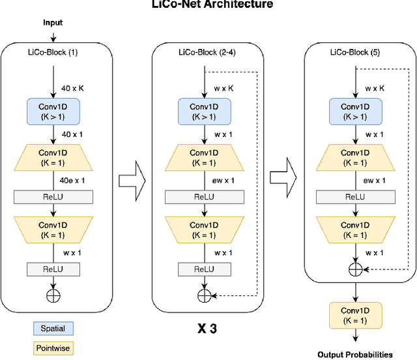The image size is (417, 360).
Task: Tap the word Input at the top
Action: coord(53,22)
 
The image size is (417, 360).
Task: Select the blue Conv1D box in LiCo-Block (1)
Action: coord(53,112)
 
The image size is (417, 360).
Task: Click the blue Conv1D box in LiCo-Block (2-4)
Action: coord(205,112)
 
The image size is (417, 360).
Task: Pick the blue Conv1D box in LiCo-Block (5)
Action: coord(355,112)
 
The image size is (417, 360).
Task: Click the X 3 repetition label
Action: coord(207,329)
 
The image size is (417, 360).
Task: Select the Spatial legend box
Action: coord(53,328)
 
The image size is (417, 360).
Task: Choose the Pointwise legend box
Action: coord(53,349)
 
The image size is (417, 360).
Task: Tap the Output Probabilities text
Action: coord(355,355)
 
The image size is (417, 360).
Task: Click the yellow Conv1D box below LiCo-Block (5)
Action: coord(355,316)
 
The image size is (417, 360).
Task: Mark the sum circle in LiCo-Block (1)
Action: coord(53,295)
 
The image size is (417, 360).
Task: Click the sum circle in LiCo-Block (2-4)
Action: coord(205,295)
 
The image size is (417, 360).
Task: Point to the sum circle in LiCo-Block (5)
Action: coord(355,268)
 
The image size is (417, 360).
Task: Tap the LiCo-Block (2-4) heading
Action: coord(205,52)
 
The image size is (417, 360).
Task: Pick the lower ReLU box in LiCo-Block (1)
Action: coord(53,269)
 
